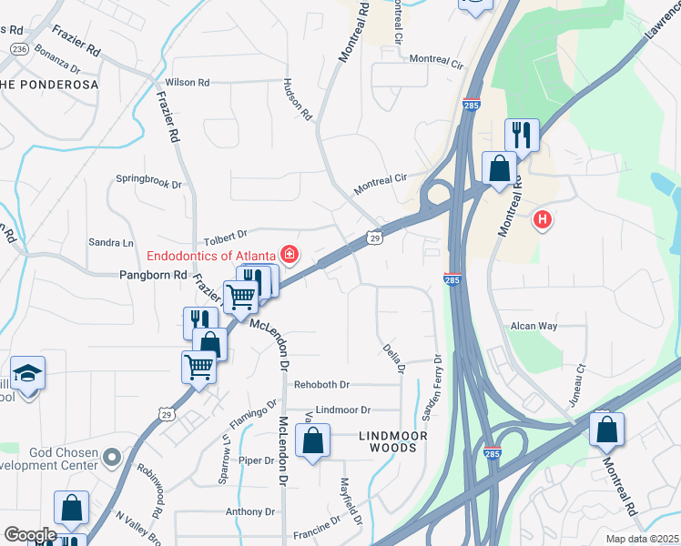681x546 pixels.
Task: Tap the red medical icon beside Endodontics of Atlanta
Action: (290, 254)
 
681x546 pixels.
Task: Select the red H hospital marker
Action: (543, 219)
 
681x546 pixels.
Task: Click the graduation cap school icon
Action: (27, 373)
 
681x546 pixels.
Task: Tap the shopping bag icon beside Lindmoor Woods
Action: (312, 442)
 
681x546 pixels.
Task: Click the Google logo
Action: (30, 534)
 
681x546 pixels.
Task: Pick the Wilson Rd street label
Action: (188, 82)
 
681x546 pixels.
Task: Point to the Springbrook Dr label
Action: (149, 182)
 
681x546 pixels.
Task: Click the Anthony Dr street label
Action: (244, 511)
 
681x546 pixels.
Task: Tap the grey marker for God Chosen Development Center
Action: (111, 456)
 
